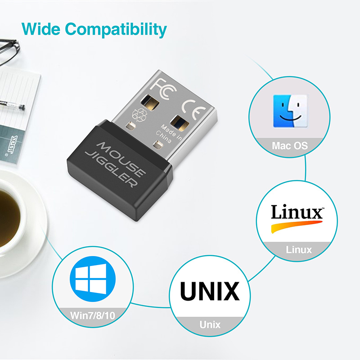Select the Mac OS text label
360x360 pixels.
pos(290,146)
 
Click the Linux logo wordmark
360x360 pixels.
pos(297,212)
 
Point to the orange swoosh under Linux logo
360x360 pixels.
pos(295,225)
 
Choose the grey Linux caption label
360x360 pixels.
pos(299,249)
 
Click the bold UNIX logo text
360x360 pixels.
pos(209,291)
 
